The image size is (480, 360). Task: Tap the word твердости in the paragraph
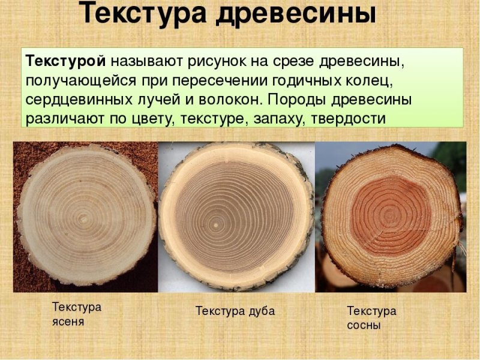349,118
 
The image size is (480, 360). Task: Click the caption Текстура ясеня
77,314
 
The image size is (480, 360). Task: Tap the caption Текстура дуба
235,311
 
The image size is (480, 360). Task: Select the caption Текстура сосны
371,318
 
